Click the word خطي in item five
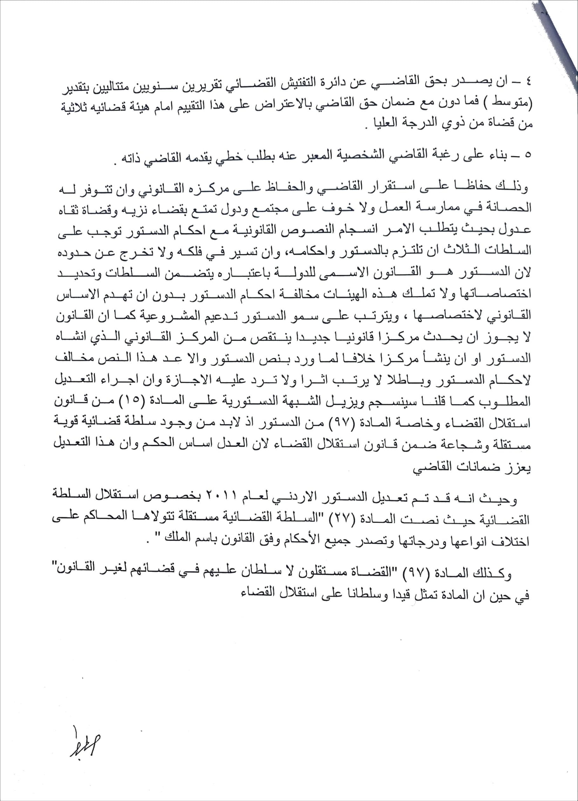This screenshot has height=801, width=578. [x=229, y=156]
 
